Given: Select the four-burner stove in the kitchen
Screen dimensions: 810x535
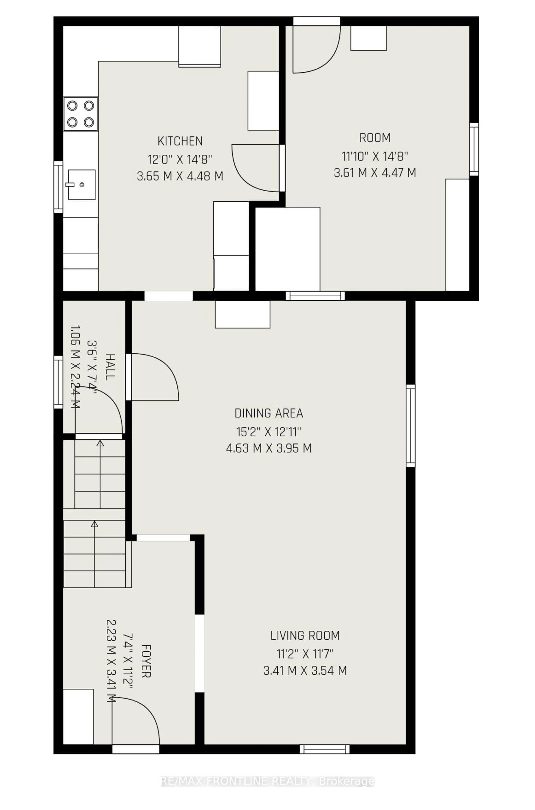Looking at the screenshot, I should pyautogui.click(x=81, y=114).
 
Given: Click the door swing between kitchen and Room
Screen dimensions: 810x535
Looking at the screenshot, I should pyautogui.click(x=256, y=167).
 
